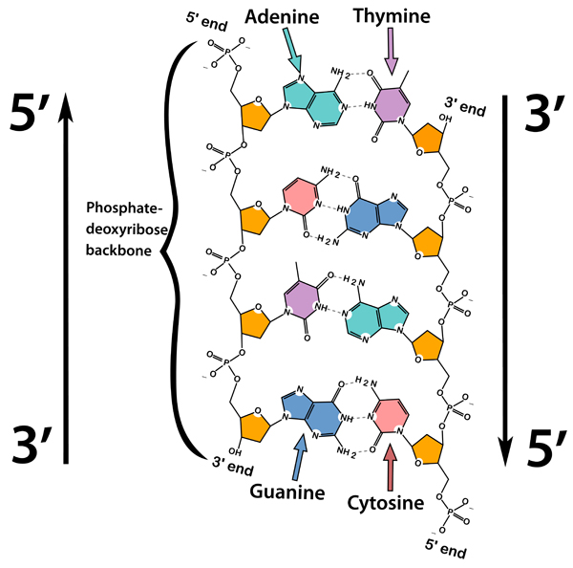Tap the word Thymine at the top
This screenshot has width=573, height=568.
393,16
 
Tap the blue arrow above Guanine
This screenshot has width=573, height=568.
301,454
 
